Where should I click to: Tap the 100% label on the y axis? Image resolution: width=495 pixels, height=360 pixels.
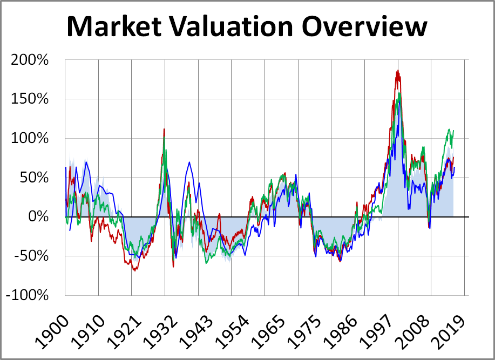[30, 138]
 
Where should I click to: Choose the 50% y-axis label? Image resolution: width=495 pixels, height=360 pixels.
[34, 178]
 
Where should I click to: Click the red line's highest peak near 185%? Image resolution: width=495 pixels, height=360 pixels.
[397, 71]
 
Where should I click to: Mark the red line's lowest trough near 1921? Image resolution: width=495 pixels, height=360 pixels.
[133, 270]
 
